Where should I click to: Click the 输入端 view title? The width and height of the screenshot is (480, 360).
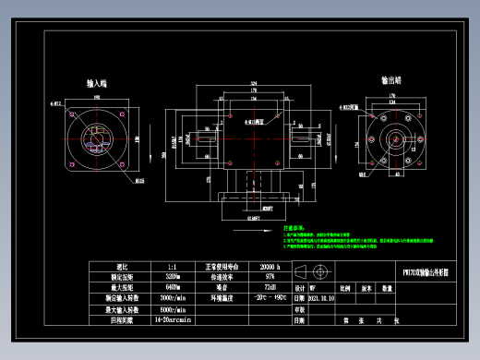96,82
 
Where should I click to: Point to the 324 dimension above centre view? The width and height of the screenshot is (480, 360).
253,83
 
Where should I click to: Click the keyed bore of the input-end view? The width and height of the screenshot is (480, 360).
95,141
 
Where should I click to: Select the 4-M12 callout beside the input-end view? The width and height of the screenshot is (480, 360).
56,104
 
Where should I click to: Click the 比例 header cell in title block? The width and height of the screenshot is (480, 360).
345,288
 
